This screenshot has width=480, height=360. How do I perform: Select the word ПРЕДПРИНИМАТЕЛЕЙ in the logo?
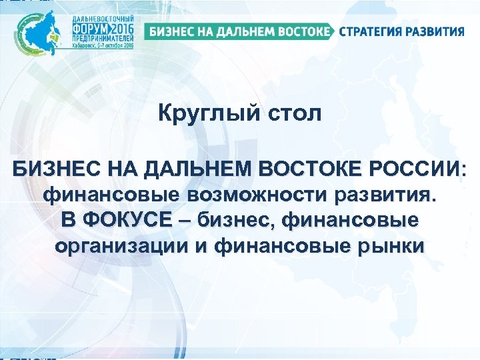[103, 40]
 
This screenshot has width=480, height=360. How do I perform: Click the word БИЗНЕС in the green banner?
[170, 31]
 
